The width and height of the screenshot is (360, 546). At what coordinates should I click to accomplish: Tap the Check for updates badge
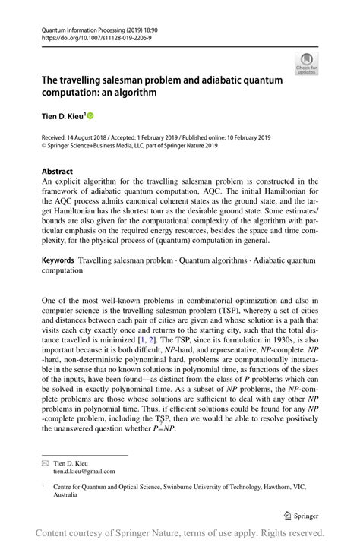(x=306, y=64)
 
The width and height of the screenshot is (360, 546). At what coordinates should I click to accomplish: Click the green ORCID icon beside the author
(x=90, y=115)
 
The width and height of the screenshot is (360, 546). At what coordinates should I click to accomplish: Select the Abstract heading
(x=58, y=172)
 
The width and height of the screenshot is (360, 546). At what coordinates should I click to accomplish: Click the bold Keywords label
(x=58, y=260)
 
